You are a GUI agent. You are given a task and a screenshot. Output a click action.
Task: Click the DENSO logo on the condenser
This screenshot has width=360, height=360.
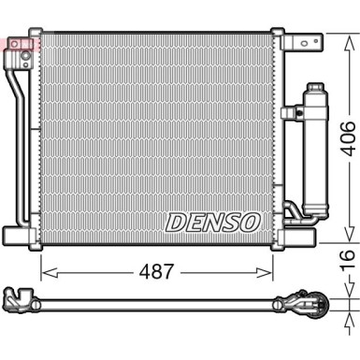(212, 223)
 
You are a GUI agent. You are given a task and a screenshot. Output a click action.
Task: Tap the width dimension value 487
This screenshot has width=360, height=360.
(156, 272)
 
